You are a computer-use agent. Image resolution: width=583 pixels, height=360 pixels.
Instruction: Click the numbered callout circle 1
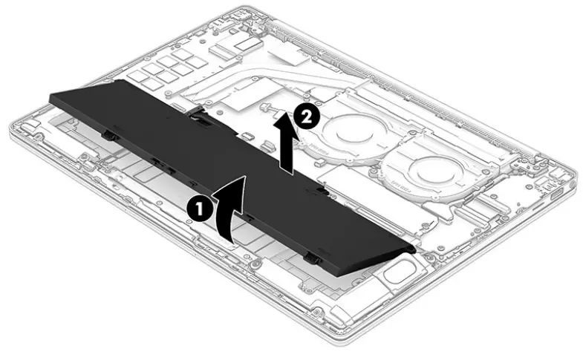[x=200, y=209]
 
